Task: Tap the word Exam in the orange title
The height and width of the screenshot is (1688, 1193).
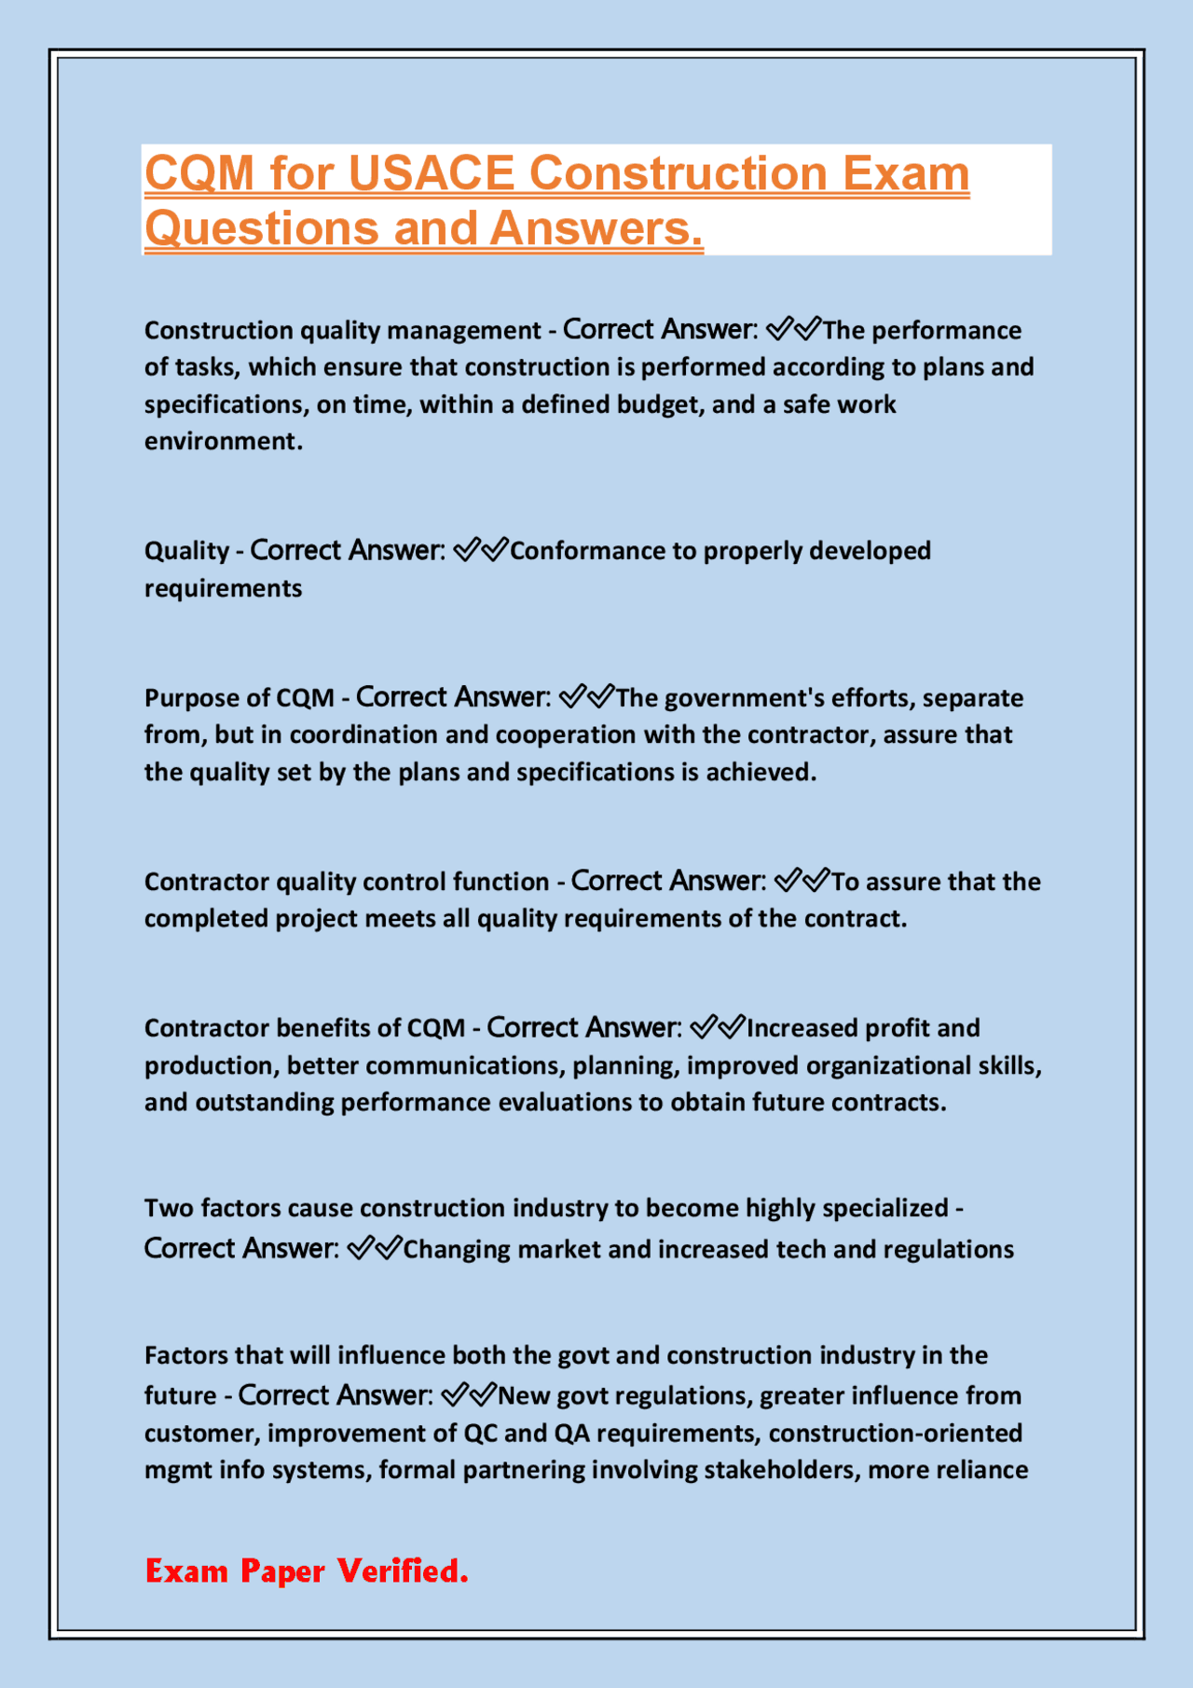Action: [906, 173]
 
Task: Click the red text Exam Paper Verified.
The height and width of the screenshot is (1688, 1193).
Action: [307, 1571]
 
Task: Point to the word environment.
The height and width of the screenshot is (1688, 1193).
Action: [222, 441]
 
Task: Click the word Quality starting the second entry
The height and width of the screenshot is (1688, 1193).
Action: [186, 551]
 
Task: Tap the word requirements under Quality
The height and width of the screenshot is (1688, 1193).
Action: [223, 588]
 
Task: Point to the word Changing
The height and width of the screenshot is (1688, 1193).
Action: [456, 1249]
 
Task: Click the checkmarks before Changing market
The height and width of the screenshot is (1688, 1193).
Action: [374, 1248]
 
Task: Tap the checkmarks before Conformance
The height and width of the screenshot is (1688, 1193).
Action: [481, 550]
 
